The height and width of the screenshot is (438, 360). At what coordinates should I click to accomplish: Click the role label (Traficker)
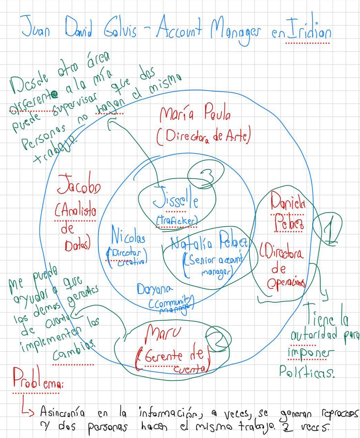[177, 221]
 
